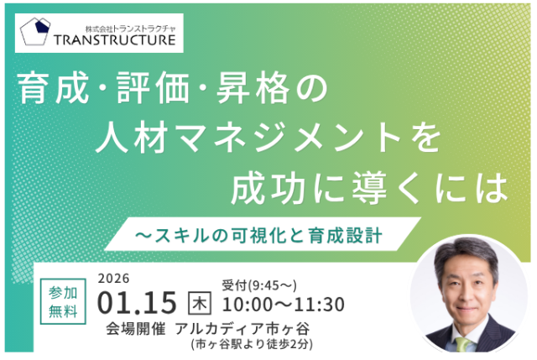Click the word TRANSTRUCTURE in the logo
tap(117, 39)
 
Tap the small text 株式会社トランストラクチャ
tap(117, 24)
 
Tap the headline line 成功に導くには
tap(370, 185)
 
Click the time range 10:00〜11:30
tap(283, 303)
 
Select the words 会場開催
tap(133, 328)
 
